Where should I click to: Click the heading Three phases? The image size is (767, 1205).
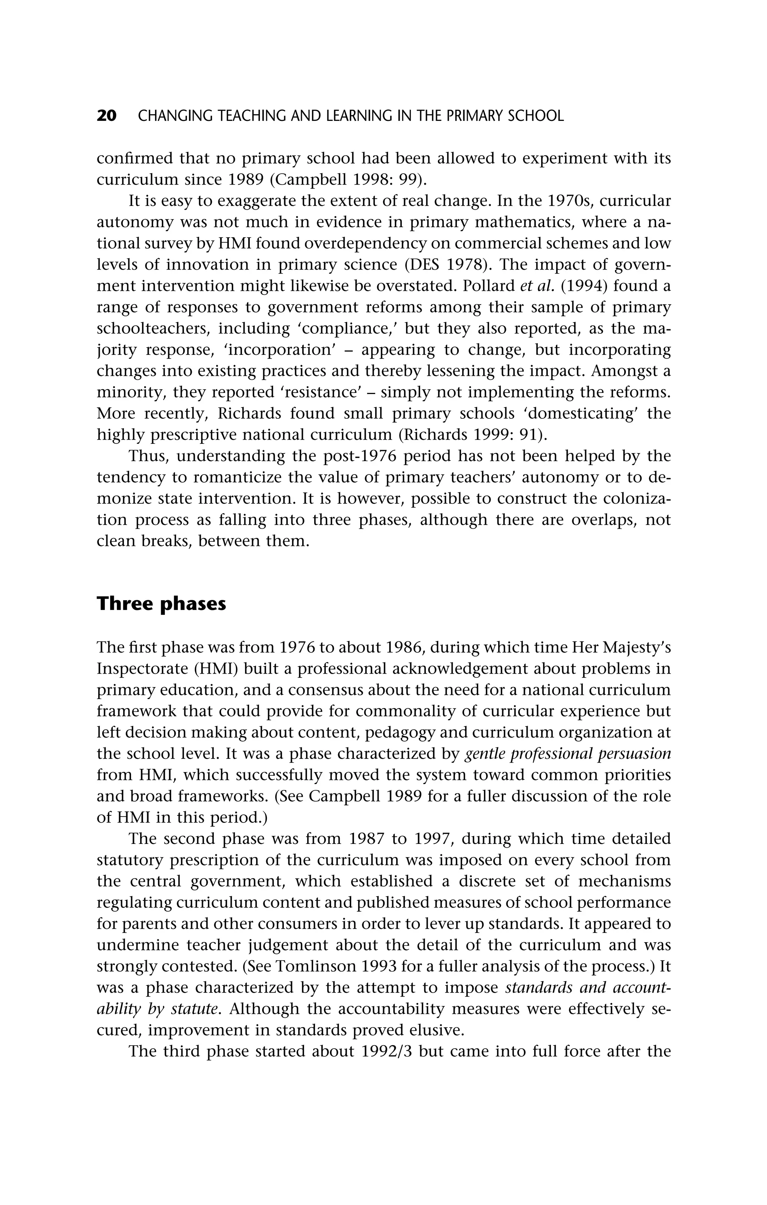click(x=161, y=604)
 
